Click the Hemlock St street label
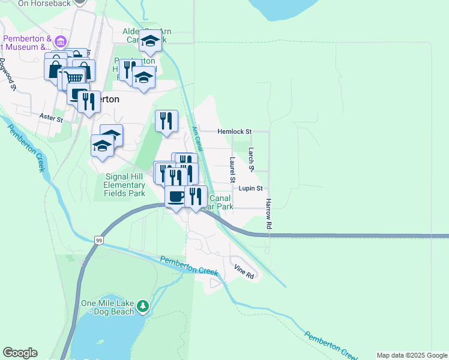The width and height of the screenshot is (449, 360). pos(235,131)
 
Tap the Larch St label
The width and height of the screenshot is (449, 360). pos(252,159)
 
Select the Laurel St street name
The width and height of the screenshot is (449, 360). pos(232,170)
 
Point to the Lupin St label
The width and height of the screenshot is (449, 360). pos(251,188)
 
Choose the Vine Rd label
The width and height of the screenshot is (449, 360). pos(244,272)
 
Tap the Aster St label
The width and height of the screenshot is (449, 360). pos(51,117)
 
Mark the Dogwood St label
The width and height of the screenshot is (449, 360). pos(7,74)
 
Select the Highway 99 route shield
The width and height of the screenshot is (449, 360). pos(98,240)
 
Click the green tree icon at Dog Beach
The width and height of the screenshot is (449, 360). pos(142,307)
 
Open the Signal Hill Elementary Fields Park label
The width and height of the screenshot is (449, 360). pos(124,185)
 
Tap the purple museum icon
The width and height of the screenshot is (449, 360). pos(60,41)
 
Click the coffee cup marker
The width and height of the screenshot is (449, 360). pos(176,196)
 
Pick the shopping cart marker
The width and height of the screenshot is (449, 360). pos(74,77)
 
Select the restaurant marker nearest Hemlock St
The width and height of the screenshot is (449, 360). pos(166,121)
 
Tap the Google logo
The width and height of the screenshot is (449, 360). pos(20,353)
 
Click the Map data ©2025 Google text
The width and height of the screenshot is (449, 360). pos(412,355)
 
